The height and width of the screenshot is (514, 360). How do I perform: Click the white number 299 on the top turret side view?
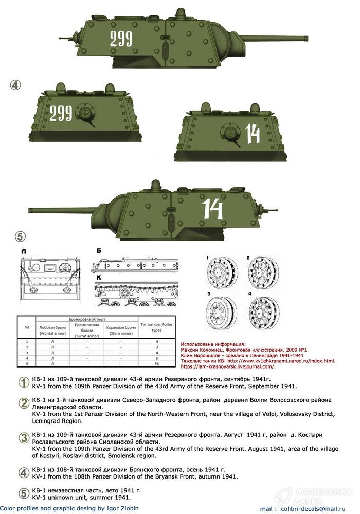click(121, 39)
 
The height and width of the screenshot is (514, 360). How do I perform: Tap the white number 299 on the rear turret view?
click(61, 113)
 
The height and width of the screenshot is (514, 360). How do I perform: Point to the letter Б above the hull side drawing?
click(98, 250)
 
